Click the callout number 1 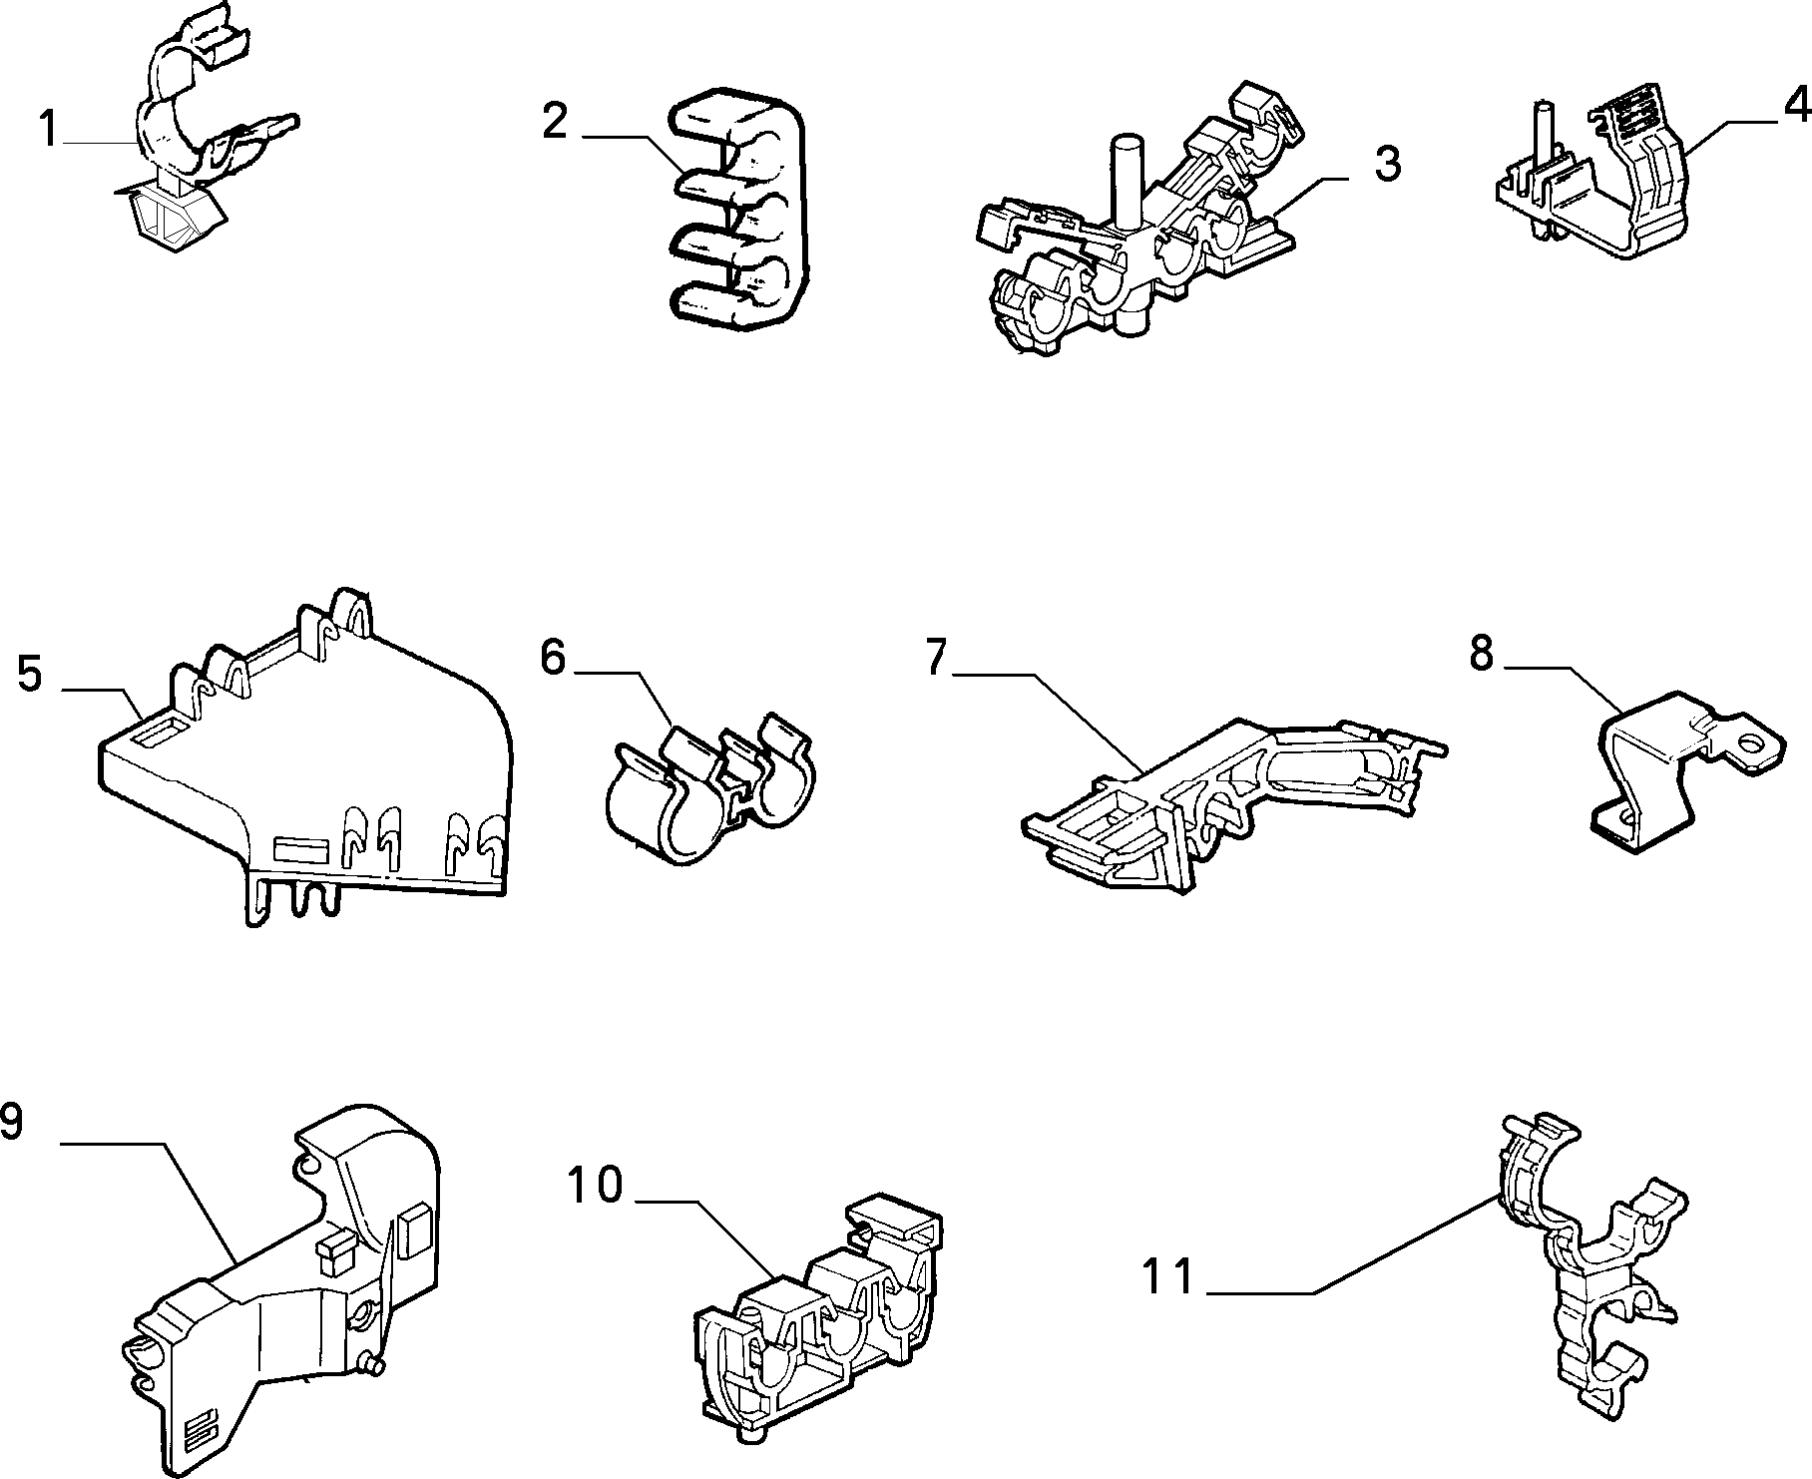[x=47, y=131]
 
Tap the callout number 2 [x=555, y=121]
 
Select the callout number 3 [x=1387, y=163]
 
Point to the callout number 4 [x=1796, y=103]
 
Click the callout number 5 [x=30, y=674]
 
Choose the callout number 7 [x=935, y=659]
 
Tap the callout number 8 [x=1481, y=654]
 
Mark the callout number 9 [x=11, y=1122]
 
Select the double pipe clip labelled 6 [x=709, y=785]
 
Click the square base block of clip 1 [x=175, y=218]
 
